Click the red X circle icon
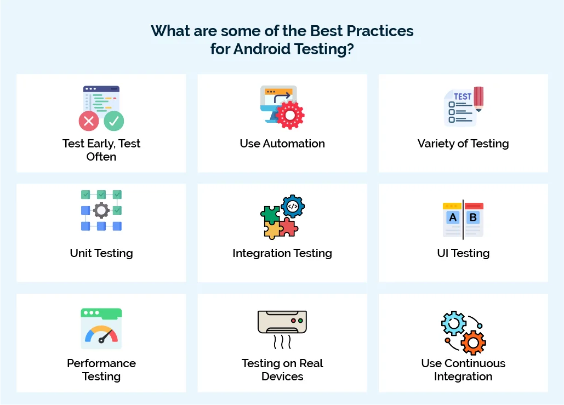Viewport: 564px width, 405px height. [89, 121]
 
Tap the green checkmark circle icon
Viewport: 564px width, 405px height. [114, 121]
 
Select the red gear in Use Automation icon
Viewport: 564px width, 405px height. [289, 115]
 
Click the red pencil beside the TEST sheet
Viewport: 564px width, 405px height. [478, 98]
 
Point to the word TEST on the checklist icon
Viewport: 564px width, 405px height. [462, 96]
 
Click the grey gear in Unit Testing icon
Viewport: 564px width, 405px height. [101, 210]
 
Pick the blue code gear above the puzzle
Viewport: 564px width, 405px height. [293, 207]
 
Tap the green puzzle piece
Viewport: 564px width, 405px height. [270, 214]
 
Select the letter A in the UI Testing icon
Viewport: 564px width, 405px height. [453, 218]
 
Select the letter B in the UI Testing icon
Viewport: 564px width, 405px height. [473, 218]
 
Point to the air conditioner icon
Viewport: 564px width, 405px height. [282, 322]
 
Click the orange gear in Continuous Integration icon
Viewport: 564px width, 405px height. [472, 342]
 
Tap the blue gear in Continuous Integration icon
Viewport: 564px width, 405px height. [454, 324]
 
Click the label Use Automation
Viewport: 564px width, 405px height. [282, 144]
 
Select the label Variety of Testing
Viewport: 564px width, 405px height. [463, 144]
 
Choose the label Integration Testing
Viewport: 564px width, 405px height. [282, 253]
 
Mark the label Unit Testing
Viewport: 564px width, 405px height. [101, 253]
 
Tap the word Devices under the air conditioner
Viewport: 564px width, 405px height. [282, 377]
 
